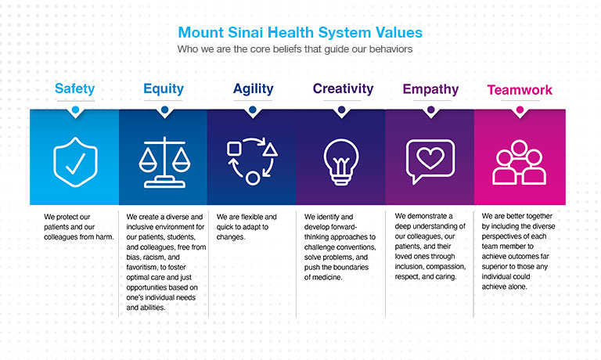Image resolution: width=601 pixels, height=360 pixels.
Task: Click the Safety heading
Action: click(x=75, y=88)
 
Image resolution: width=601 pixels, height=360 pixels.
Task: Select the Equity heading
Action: click(x=164, y=88)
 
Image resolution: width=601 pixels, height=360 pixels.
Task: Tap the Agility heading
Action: click(x=253, y=88)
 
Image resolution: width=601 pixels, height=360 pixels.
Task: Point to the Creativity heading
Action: click(x=341, y=88)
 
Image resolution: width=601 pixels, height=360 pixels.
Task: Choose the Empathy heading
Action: click(x=430, y=89)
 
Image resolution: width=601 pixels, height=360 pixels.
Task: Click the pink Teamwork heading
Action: click(x=520, y=90)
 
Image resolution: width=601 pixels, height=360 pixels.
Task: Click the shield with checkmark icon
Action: click(x=75, y=160)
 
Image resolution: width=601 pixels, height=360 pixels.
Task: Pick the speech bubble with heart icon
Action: click(x=430, y=160)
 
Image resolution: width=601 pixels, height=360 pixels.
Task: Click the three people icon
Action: click(x=520, y=162)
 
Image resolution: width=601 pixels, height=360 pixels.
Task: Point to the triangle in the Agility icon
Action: click(x=270, y=148)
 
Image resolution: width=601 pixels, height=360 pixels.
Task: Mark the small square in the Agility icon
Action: click(x=233, y=148)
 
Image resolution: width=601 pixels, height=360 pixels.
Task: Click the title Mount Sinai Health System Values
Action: click(x=300, y=33)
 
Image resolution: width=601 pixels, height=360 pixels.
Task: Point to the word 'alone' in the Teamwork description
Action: click(x=522, y=286)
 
